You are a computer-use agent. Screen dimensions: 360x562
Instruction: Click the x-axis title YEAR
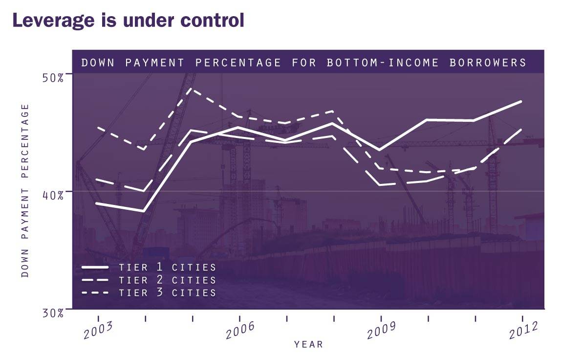pyautogui.click(x=308, y=344)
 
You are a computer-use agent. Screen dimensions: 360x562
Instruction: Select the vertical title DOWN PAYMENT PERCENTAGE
pyautogui.click(x=25, y=191)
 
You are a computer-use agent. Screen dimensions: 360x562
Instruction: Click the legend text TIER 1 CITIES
pyautogui.click(x=167, y=268)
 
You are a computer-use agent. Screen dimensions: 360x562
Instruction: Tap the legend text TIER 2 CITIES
pyautogui.click(x=167, y=280)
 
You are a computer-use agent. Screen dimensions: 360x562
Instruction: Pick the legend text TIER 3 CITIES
pyautogui.click(x=167, y=293)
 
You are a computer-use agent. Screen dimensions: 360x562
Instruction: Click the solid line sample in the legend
pyautogui.click(x=95, y=268)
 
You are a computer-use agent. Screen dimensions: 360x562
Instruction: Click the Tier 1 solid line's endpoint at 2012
pyautogui.click(x=521, y=101)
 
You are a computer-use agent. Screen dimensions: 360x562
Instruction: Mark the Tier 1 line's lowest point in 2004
pyautogui.click(x=144, y=211)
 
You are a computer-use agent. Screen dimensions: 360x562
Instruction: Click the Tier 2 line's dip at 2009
pyautogui.click(x=381, y=185)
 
